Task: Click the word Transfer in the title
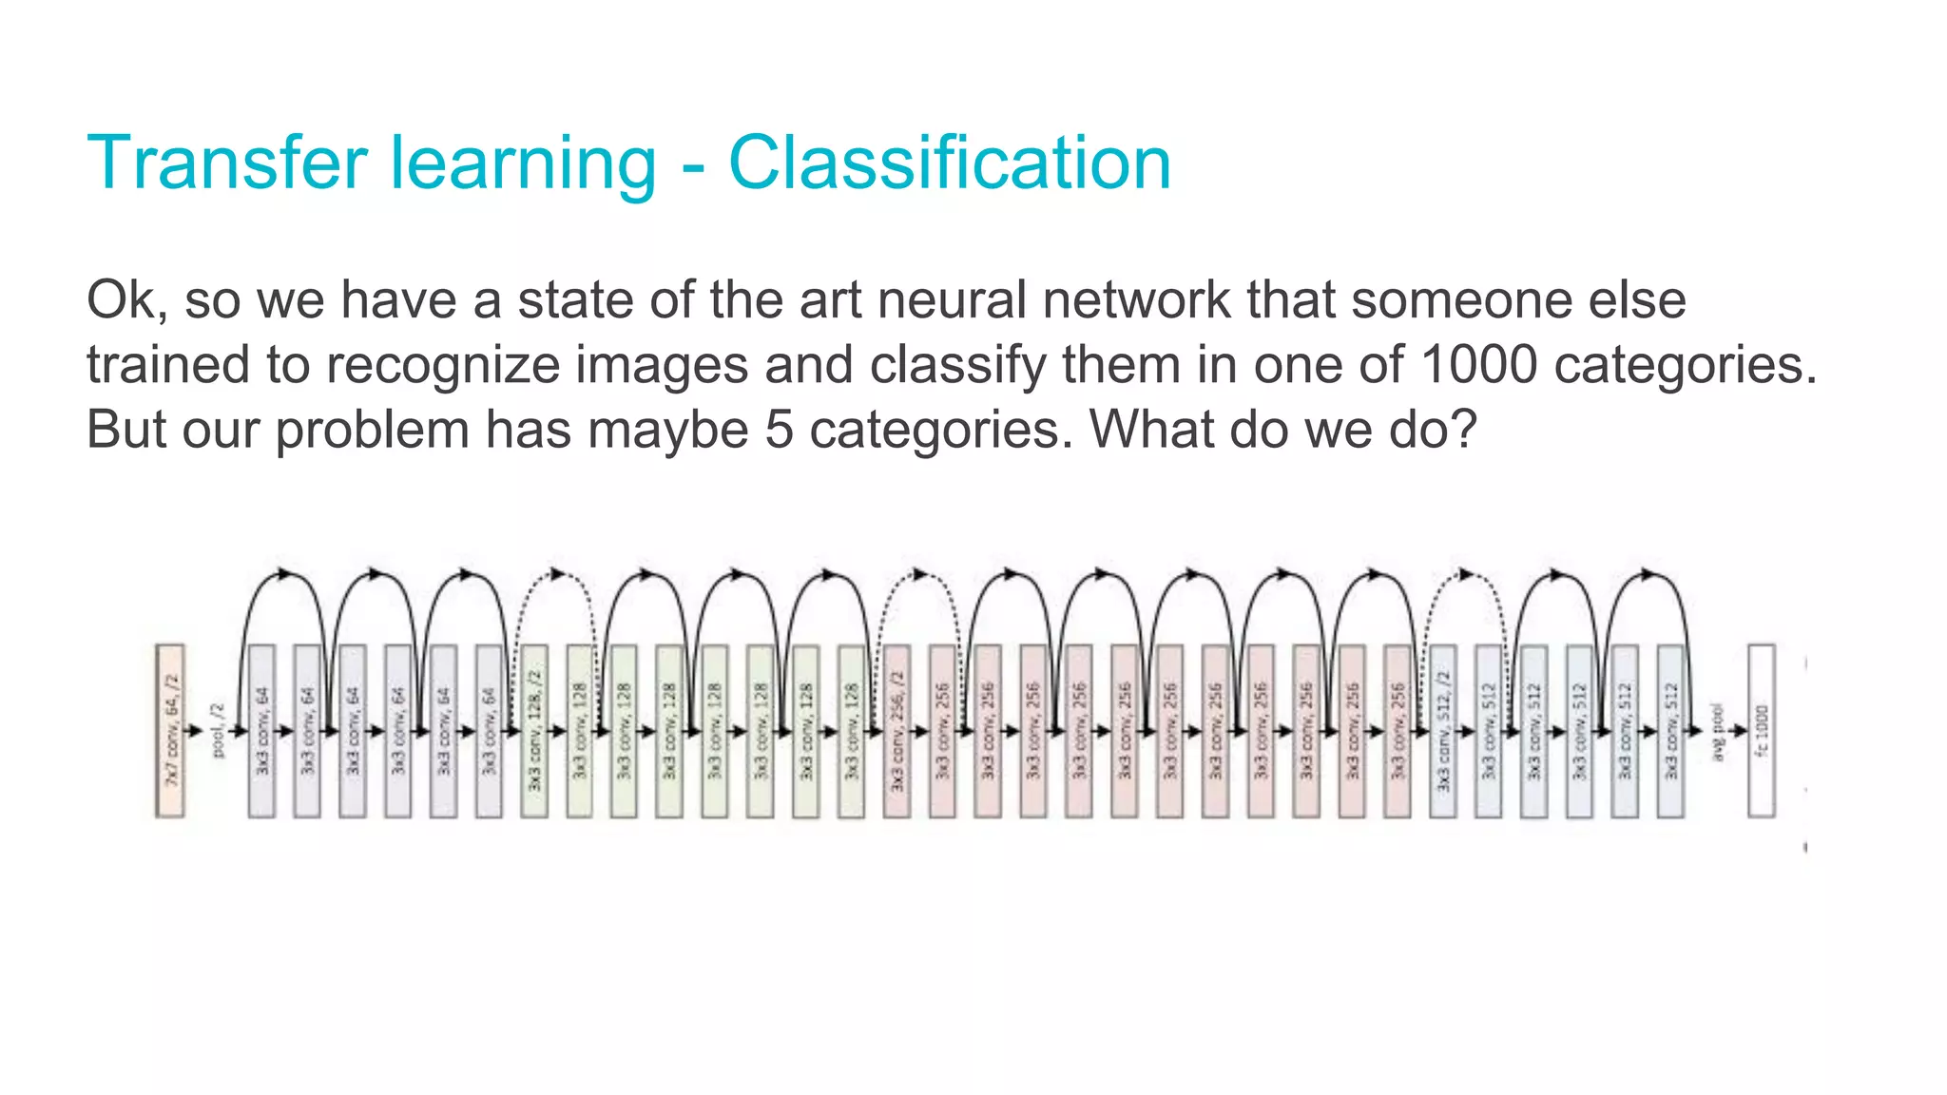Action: pos(226,163)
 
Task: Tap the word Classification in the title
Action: pos(949,163)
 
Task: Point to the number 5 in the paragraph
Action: pos(779,429)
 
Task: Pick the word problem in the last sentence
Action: pos(372,429)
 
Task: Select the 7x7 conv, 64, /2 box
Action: pos(170,730)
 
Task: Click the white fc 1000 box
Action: pos(1762,730)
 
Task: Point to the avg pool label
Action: pos(1717,730)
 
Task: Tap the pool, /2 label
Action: pos(218,730)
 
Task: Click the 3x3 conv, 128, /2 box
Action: pos(534,730)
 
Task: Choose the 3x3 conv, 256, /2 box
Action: pos(896,730)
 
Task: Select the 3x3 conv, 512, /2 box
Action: pos(1443,730)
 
